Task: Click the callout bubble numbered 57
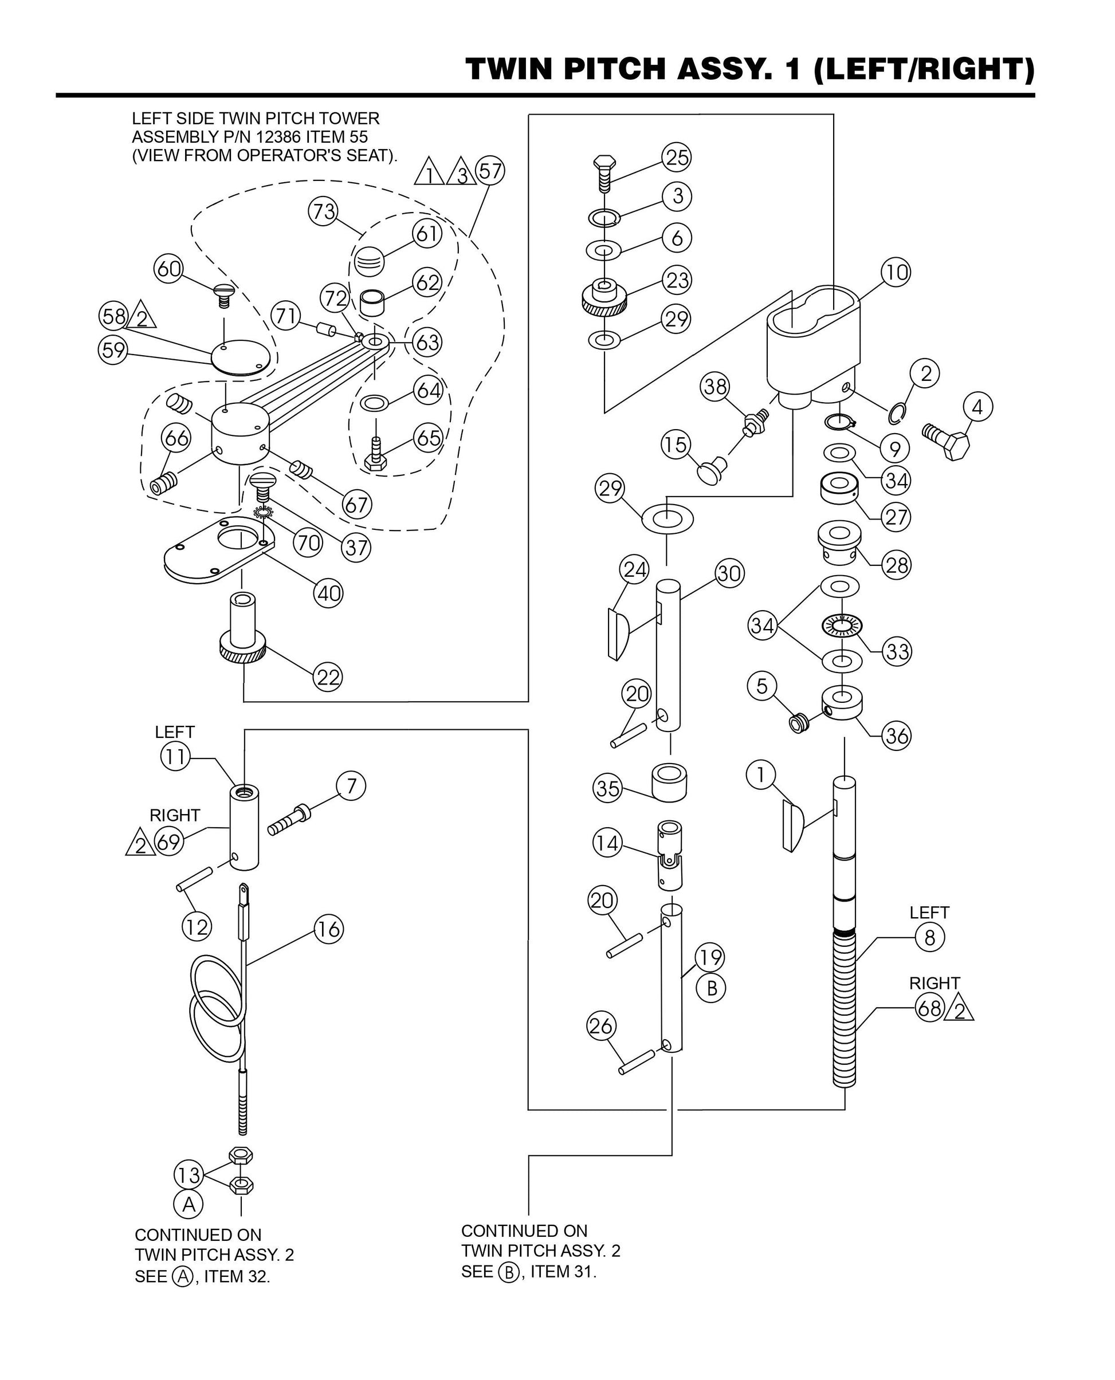click(x=489, y=171)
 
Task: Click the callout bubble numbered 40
click(x=328, y=593)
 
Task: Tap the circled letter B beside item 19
click(x=711, y=988)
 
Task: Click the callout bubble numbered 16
click(x=329, y=929)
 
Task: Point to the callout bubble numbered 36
click(x=896, y=736)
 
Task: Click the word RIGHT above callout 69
click(x=175, y=816)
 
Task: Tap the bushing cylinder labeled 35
click(x=669, y=781)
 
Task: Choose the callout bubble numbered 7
click(x=351, y=786)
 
